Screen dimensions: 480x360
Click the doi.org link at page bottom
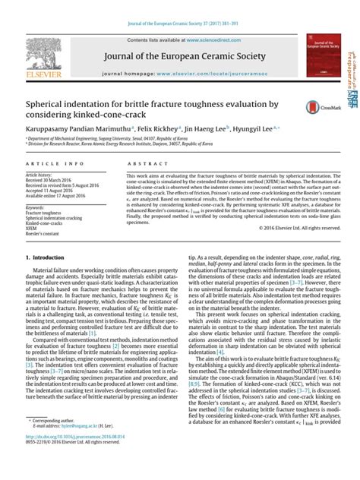(x=81, y=459)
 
